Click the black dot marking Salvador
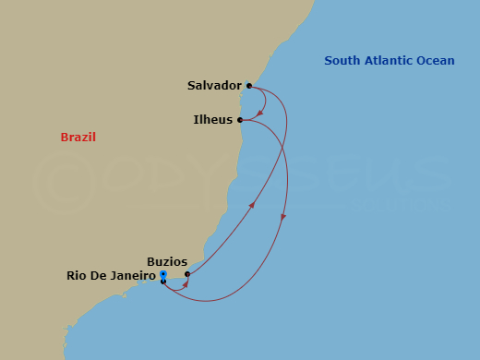pos(249,86)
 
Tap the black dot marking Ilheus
pos(240,120)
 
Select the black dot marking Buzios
pos(187,274)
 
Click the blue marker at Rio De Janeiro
pos(162,275)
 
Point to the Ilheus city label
pos(212,120)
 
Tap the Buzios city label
pos(167,261)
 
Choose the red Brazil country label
pos(78,138)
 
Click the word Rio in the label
pos(77,275)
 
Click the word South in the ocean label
pos(341,61)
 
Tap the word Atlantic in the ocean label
pos(388,61)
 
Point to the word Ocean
pos(436,61)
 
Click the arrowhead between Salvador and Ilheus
pos(261,114)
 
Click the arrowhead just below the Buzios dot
pos(186,283)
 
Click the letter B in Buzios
pos(150,261)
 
